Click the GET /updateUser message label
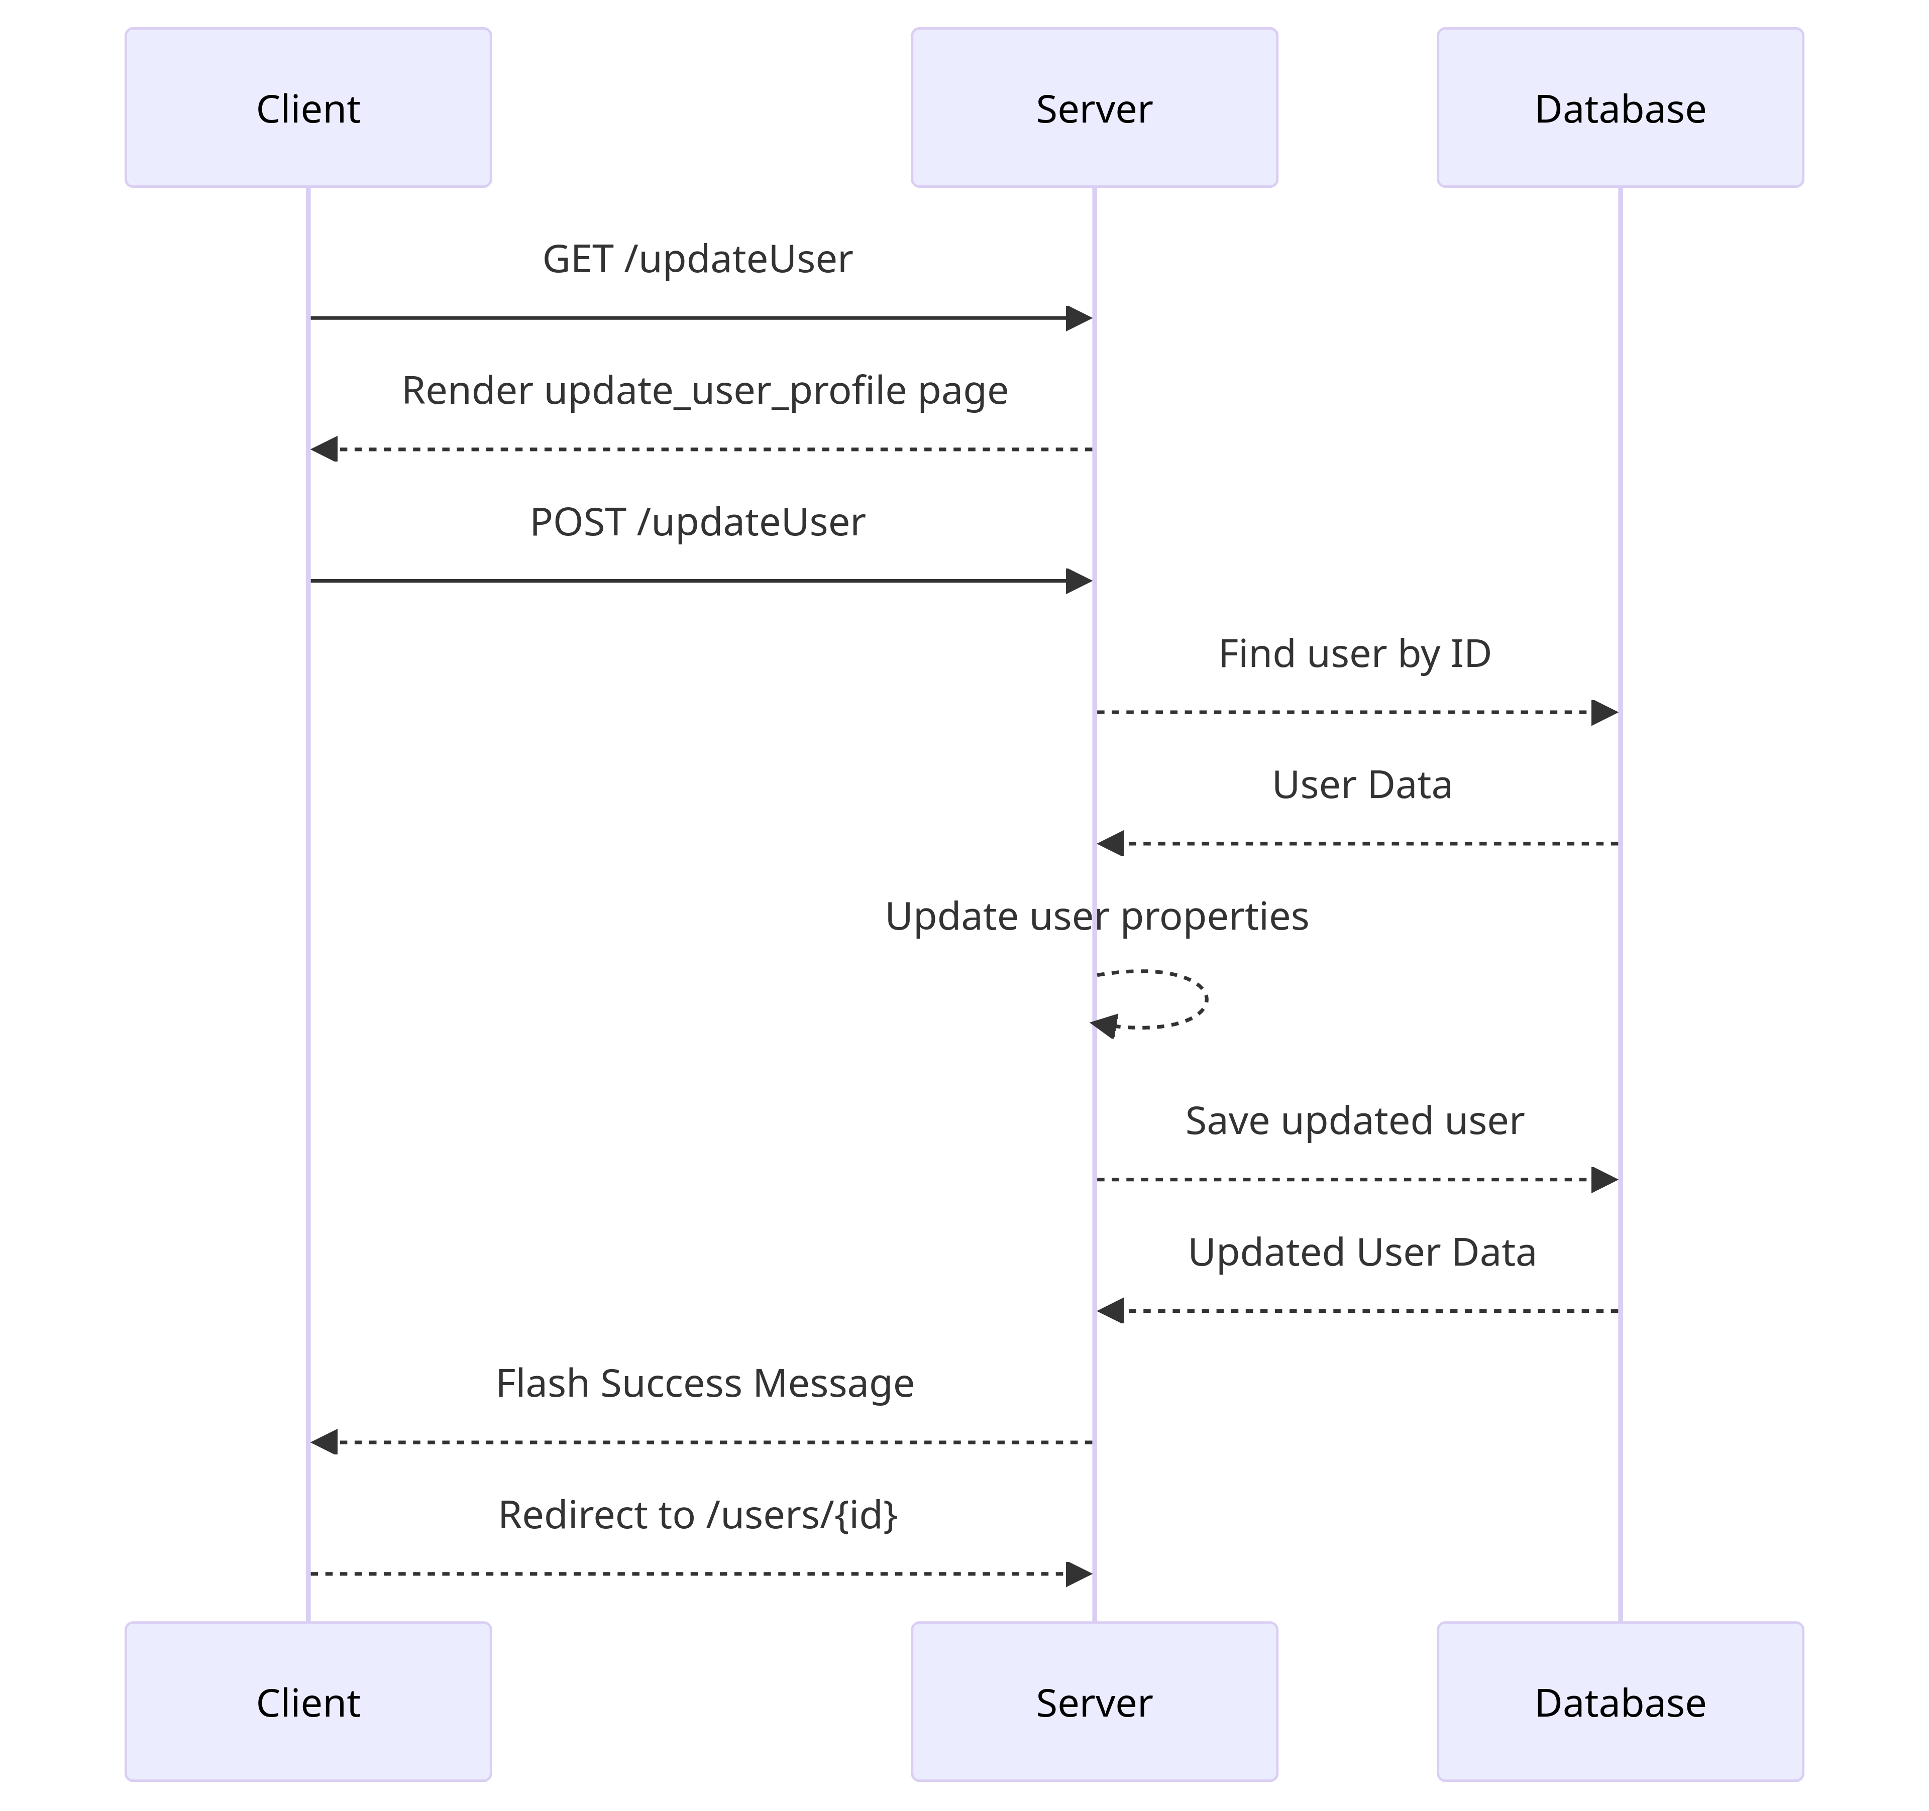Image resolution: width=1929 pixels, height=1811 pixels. coord(697,259)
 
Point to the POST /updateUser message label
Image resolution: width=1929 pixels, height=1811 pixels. coord(697,522)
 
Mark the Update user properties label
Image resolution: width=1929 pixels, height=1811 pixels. coord(1097,916)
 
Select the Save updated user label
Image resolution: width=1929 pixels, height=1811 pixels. coord(1354,1120)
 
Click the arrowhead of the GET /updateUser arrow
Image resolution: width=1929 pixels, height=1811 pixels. coord(1079,318)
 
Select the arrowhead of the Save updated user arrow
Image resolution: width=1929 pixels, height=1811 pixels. coord(1605,1180)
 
